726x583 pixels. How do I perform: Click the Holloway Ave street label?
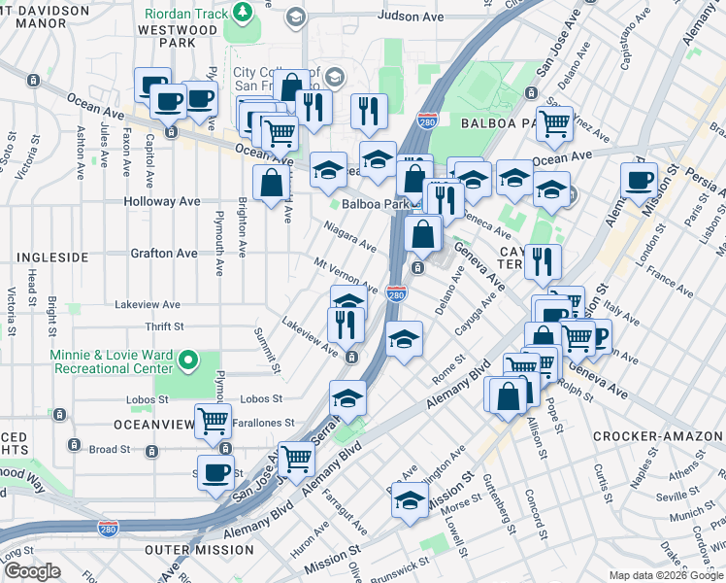click(162, 202)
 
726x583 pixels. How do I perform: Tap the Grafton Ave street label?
click(164, 254)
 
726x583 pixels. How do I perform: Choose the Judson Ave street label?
click(411, 17)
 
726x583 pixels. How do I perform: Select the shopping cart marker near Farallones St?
click(213, 421)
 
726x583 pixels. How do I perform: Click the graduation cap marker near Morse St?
click(410, 499)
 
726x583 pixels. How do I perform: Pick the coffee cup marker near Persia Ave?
click(640, 180)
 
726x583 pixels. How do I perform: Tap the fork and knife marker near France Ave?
click(543, 260)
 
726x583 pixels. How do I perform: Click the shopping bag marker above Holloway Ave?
click(271, 181)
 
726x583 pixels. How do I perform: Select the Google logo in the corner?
click(33, 571)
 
